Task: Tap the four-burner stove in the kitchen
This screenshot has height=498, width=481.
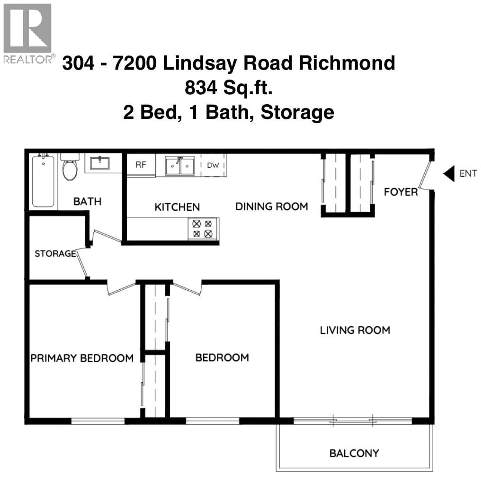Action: pos(203,229)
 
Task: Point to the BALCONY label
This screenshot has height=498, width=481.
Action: pos(354,453)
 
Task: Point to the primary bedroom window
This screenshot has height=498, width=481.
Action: pos(98,421)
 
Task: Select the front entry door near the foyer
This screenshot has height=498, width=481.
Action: pos(425,175)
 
